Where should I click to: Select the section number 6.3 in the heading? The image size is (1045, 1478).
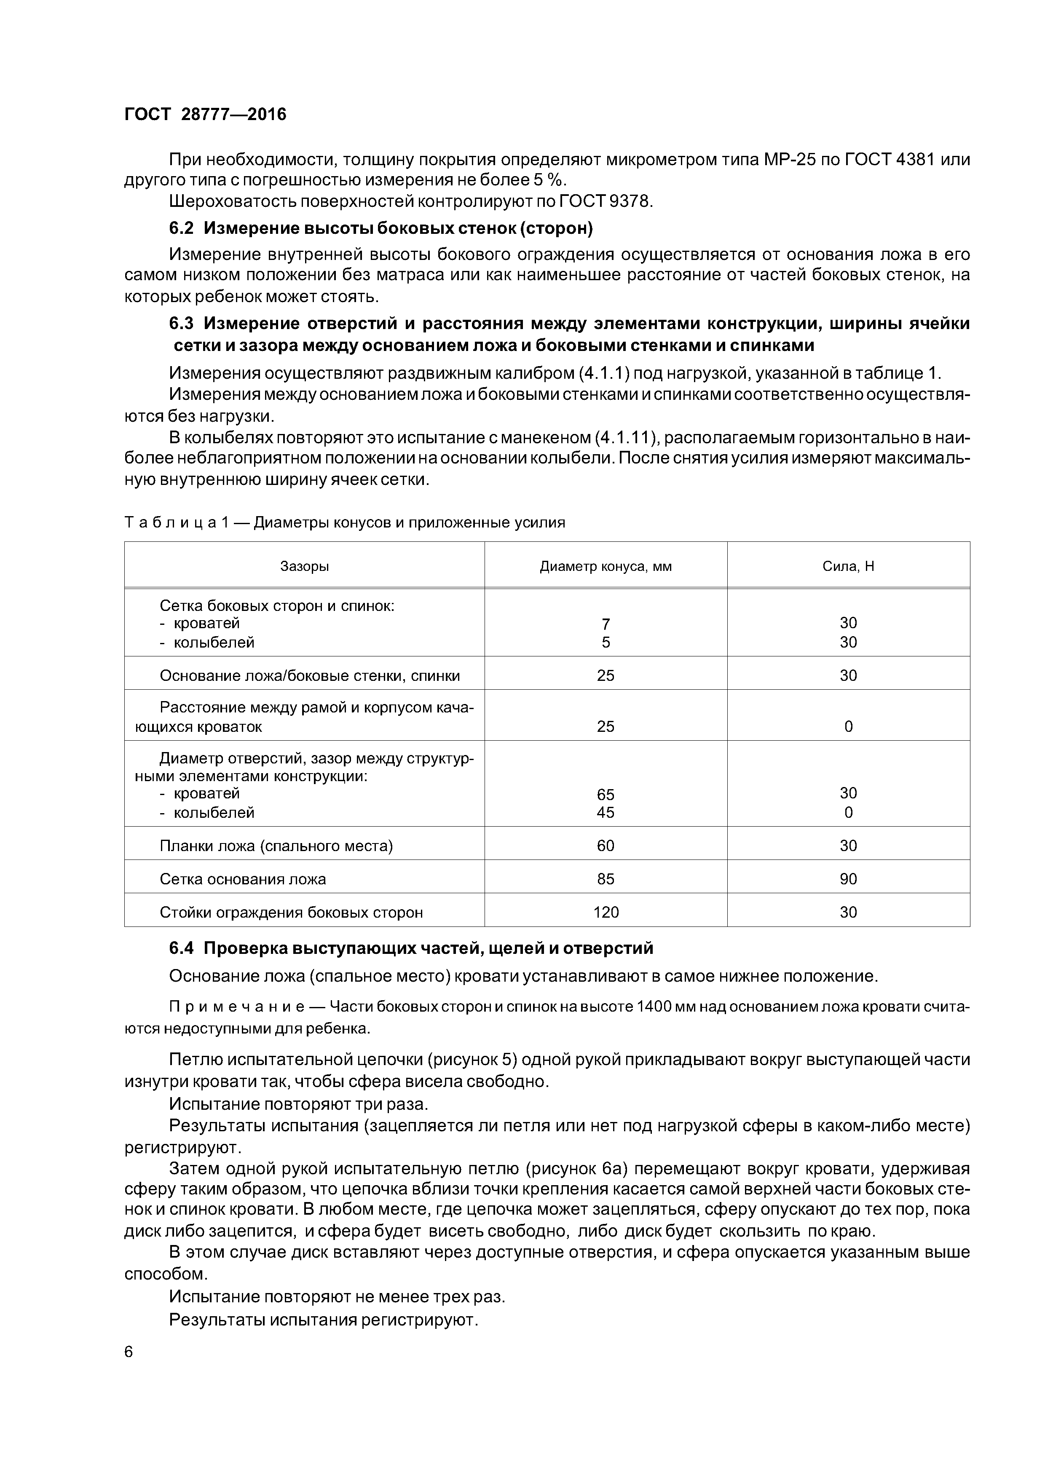click(x=181, y=323)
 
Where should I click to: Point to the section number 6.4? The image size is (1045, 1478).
click(x=181, y=948)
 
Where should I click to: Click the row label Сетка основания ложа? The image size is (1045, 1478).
click(x=243, y=879)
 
